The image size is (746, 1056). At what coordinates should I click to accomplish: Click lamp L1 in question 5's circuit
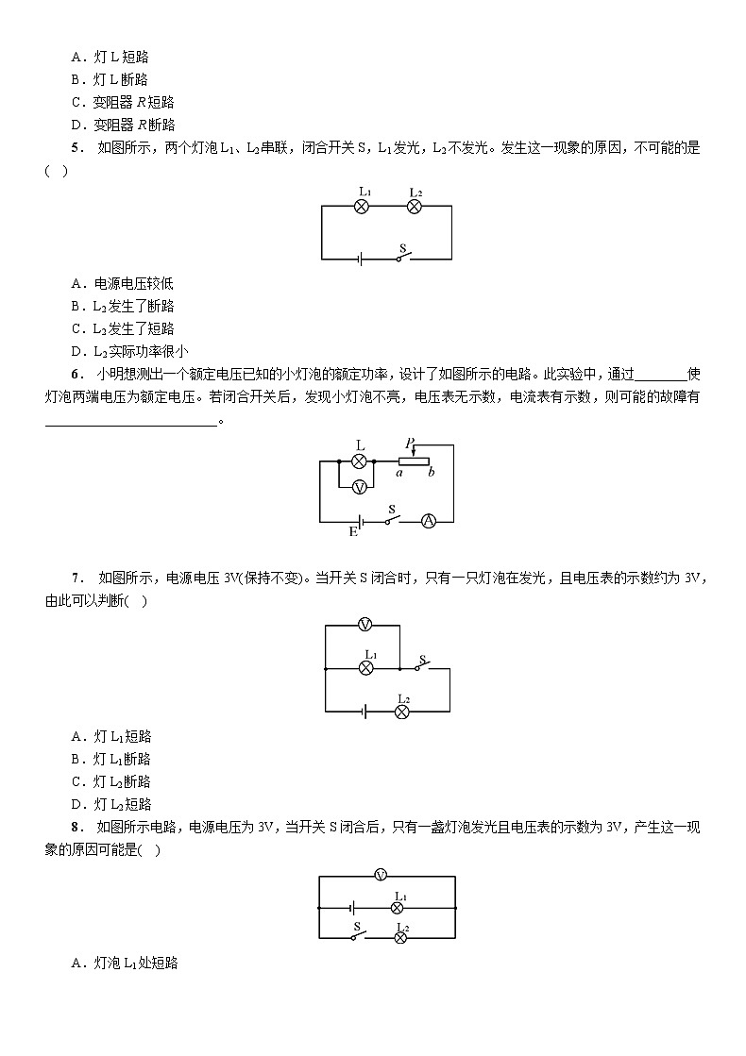(x=360, y=207)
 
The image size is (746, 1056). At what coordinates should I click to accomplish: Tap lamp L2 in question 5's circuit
(x=413, y=207)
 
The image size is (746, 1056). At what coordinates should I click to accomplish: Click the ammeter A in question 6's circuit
(x=428, y=521)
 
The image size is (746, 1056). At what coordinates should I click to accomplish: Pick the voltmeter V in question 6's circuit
(x=359, y=487)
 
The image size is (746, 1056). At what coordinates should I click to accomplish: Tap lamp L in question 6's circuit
(x=359, y=461)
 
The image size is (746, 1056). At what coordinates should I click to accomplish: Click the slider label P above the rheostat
(x=410, y=443)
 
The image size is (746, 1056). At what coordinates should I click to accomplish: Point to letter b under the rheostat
(x=431, y=473)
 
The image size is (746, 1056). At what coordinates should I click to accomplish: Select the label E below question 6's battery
(x=353, y=532)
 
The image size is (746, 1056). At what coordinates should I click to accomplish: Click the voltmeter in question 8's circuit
(x=381, y=875)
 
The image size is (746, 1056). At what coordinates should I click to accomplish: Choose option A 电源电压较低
(x=123, y=283)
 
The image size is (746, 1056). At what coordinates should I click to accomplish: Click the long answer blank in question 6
(x=131, y=422)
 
